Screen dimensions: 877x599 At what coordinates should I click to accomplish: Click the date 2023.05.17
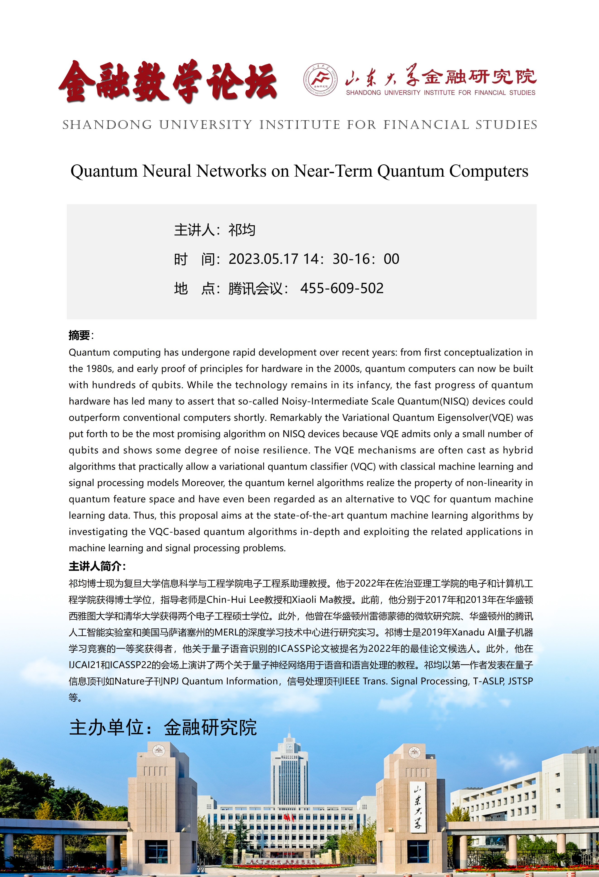click(x=263, y=259)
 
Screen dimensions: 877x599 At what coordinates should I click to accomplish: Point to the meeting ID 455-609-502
click(x=342, y=288)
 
